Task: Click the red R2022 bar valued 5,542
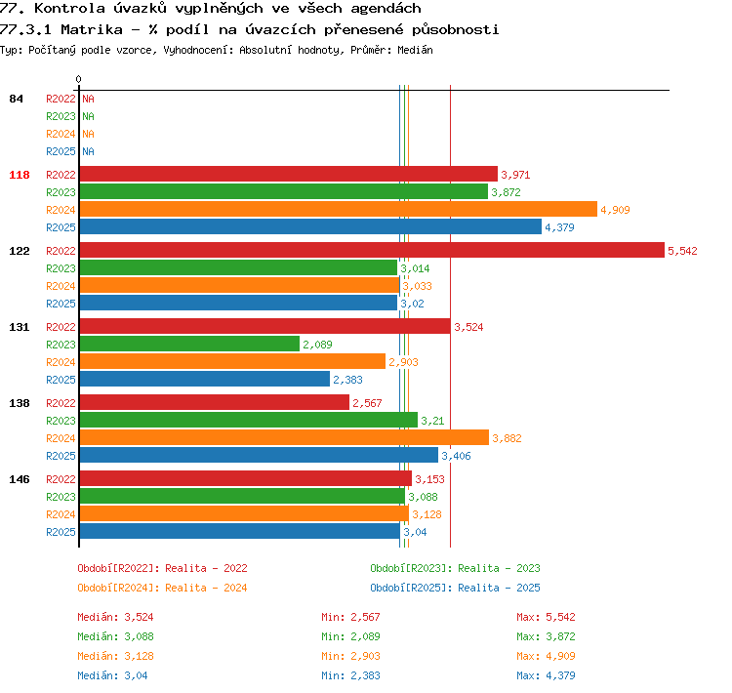[372, 250]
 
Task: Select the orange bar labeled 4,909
[339, 209]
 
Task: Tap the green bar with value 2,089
[189, 344]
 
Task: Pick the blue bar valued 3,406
[259, 455]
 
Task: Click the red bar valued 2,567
[215, 402]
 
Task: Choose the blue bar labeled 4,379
[310, 226]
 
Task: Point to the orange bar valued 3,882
[284, 437]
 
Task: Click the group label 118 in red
[20, 175]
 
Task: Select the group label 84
[16, 99]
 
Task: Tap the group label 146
[20, 479]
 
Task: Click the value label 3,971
[515, 175]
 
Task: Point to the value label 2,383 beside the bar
[347, 380]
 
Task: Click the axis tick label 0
[78, 79]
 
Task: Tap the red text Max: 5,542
[546, 617]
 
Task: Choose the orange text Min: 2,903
[350, 656]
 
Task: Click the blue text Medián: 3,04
[112, 675]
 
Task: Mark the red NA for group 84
[88, 99]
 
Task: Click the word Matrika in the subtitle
[92, 30]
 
